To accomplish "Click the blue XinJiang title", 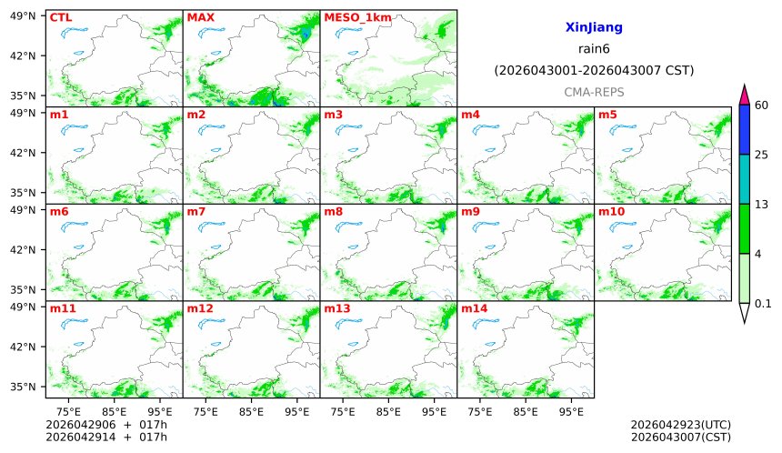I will [x=594, y=28].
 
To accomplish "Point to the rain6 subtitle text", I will [x=594, y=49].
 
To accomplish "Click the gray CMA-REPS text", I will [x=594, y=92].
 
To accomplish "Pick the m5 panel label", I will [x=607, y=115].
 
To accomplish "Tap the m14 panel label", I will [x=474, y=309].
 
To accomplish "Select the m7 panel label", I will [x=196, y=212].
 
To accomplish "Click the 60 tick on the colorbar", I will [x=762, y=106].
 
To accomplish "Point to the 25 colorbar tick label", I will [x=762, y=155].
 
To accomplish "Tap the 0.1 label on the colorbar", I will [x=764, y=304].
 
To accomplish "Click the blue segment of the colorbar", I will [x=744, y=129].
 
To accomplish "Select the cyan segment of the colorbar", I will [x=744, y=178].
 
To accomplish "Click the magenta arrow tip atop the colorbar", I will [x=744, y=93].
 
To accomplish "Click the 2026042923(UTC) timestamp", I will [x=680, y=425].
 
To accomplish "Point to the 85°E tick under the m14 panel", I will [x=525, y=411].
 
